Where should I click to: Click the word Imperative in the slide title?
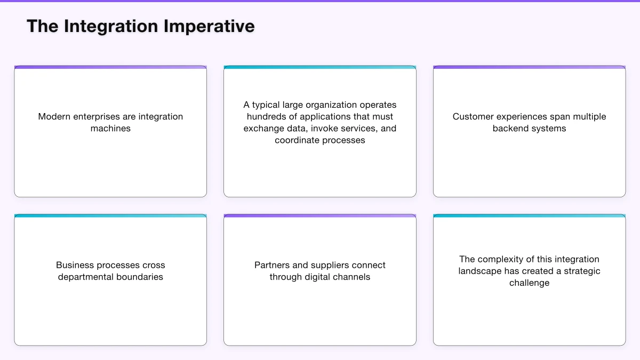209,26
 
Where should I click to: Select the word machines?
110,129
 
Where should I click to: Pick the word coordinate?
298,140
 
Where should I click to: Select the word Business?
74,265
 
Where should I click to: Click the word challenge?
529,283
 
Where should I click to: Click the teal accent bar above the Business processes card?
110,216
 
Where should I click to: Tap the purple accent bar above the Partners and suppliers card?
320,216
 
